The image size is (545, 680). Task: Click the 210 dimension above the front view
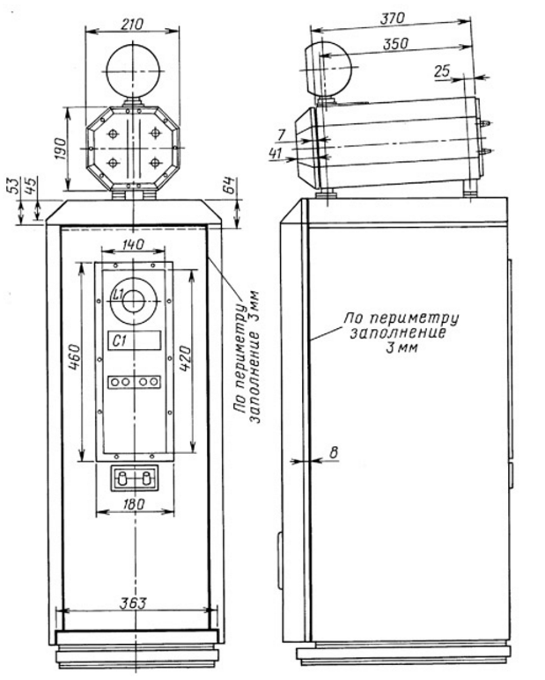click(x=132, y=24)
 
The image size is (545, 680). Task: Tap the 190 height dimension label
click(x=61, y=150)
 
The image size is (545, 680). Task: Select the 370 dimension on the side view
click(x=393, y=19)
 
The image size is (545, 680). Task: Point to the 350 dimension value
click(x=395, y=44)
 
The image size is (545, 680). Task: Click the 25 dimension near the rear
click(x=442, y=70)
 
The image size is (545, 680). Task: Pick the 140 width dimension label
click(x=133, y=245)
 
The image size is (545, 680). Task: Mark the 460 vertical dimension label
click(x=74, y=357)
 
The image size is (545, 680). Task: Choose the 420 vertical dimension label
click(x=184, y=359)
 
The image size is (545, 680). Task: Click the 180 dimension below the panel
click(x=134, y=504)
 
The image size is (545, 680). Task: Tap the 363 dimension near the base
click(x=134, y=603)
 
